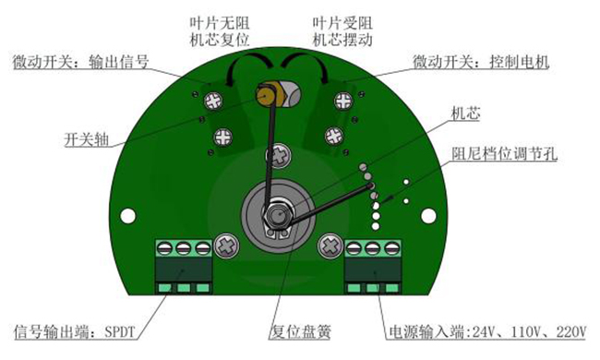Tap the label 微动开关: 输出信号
pyautogui.click(x=85, y=63)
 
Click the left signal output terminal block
pyautogui.click(x=181, y=268)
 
